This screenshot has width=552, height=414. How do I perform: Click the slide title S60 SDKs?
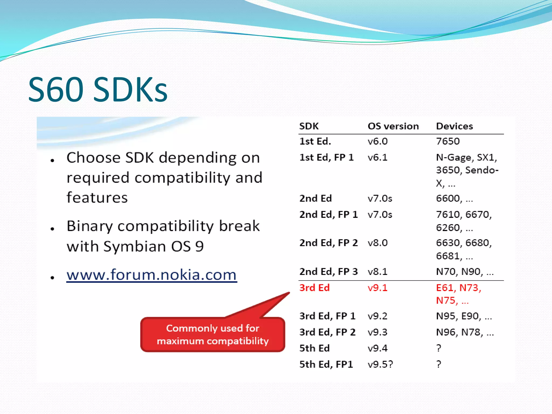[x=98, y=89]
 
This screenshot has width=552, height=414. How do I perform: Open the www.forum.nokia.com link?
[x=151, y=275]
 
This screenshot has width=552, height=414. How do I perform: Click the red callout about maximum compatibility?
[x=213, y=334]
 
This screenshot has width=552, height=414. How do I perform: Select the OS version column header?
[x=393, y=126]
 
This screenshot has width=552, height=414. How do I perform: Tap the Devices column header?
[x=454, y=126]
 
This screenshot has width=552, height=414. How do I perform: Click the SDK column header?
[x=309, y=126]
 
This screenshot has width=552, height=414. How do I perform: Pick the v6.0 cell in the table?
[x=378, y=141]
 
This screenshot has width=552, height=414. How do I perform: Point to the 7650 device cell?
[x=448, y=141]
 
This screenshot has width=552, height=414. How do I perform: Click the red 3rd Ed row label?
[x=315, y=288]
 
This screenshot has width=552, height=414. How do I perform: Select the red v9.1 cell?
[x=378, y=288]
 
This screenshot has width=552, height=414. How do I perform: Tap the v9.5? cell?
[x=380, y=364]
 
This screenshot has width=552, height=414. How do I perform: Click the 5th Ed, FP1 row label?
[x=326, y=364]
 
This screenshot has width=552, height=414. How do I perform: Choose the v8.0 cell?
[x=378, y=243]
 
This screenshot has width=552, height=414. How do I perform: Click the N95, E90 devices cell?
[x=464, y=316]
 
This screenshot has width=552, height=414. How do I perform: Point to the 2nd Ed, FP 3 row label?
[x=328, y=271]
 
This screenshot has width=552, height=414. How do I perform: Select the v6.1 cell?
[x=378, y=157]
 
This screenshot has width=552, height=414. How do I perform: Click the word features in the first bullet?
[x=97, y=198]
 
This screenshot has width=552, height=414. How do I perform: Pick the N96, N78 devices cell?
[x=465, y=332]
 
